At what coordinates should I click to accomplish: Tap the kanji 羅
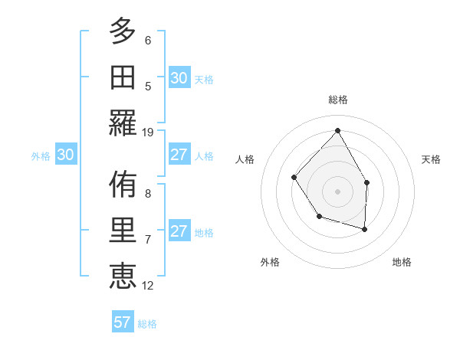[x=123, y=123]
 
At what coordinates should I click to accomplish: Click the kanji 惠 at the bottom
[x=123, y=276]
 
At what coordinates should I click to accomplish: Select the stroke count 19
[x=149, y=132]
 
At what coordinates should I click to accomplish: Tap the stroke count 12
[x=149, y=285]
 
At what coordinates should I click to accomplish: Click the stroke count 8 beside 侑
[x=148, y=193]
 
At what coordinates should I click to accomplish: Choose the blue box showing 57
[x=122, y=322]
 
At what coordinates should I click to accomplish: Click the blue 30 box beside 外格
[x=65, y=155]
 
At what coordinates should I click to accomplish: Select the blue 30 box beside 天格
[x=179, y=78]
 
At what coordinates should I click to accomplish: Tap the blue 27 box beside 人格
[x=179, y=155]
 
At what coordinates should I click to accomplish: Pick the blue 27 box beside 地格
[x=179, y=231]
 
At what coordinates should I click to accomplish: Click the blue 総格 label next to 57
[x=147, y=324]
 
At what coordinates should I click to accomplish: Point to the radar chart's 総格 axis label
[x=337, y=100]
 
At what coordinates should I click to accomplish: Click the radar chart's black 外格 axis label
[x=270, y=262]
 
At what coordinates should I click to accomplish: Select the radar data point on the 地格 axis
[x=365, y=229]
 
